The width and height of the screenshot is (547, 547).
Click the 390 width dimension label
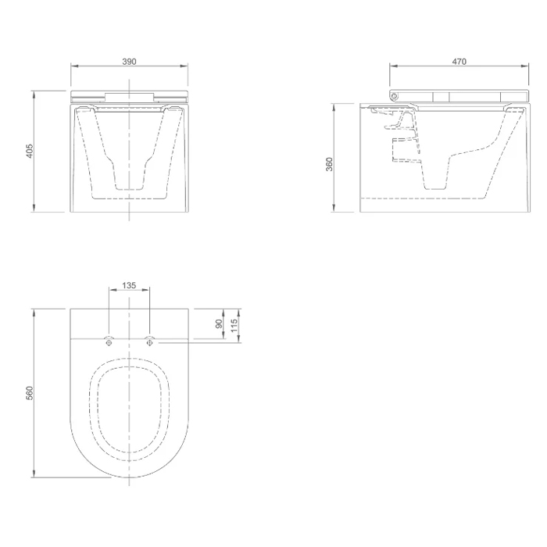[129, 62]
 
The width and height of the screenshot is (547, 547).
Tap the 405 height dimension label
[30, 151]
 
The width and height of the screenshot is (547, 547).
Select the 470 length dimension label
[459, 62]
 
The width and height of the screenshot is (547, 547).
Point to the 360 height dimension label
[329, 164]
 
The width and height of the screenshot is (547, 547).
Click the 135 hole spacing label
[129, 285]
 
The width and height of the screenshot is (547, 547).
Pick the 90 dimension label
[219, 324]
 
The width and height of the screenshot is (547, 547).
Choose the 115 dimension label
[234, 325]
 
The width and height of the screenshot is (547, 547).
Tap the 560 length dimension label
[30, 393]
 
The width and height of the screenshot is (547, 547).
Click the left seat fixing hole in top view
[109, 342]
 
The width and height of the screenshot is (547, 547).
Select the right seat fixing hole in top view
[150, 342]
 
